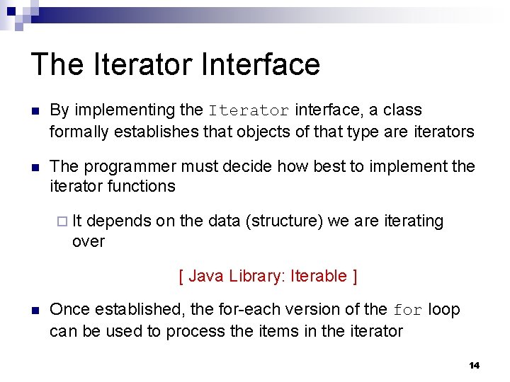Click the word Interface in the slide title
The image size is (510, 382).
260,64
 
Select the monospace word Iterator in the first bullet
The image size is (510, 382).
249,111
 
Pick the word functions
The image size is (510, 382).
141,187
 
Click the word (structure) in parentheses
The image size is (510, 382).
283,221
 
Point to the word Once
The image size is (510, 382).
67,310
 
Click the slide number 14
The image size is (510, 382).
474,365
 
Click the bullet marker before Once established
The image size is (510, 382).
33,310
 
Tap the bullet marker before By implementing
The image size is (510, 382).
33,111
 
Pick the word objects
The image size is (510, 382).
274,131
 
